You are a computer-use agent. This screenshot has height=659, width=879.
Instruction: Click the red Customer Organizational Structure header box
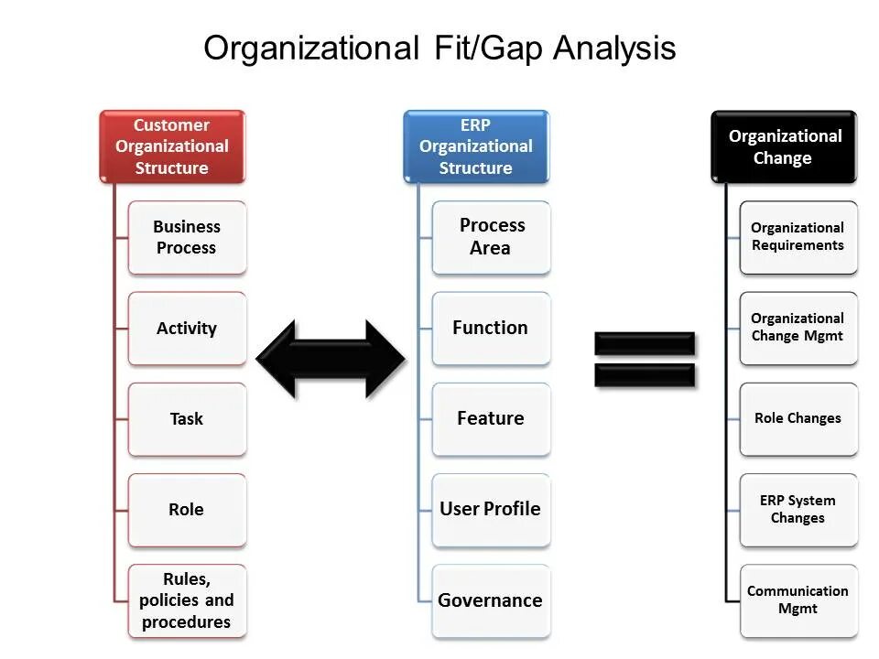tap(172, 146)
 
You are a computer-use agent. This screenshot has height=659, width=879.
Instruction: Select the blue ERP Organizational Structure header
tap(476, 146)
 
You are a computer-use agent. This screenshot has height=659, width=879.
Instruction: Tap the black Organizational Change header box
tap(784, 146)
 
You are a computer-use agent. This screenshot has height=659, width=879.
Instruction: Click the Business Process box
tap(187, 237)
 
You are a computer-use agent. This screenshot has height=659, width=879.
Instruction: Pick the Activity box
tap(187, 328)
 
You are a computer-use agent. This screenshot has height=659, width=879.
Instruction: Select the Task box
tap(187, 418)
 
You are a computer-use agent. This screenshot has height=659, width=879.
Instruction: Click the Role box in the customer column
tap(187, 509)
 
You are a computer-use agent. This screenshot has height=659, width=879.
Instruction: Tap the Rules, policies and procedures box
tap(187, 600)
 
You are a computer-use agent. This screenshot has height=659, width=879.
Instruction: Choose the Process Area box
tap(492, 237)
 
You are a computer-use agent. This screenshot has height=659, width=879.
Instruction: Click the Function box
tap(492, 328)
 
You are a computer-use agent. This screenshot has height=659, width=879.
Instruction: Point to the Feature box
tap(492, 418)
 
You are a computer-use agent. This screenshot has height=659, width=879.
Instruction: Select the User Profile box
tap(492, 509)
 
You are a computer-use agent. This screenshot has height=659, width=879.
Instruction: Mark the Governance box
tap(492, 600)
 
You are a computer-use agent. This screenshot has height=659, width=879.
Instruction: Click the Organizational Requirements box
tap(798, 237)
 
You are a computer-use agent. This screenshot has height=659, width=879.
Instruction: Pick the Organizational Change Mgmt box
tap(798, 328)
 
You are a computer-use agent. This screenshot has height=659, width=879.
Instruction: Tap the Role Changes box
tap(798, 418)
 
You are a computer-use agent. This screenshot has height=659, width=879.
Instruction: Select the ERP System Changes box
tap(798, 509)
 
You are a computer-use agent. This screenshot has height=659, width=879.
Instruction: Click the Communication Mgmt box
tap(798, 600)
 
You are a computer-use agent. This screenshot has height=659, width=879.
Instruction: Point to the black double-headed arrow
tap(330, 359)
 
